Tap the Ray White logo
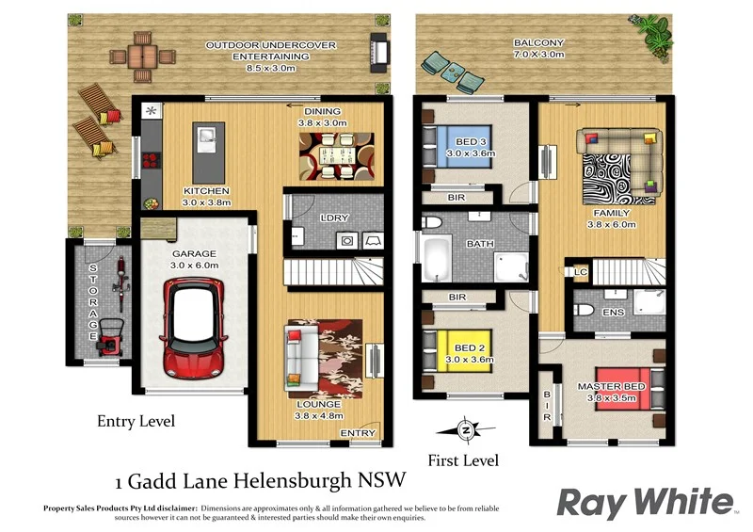point(645,503)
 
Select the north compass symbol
point(465,430)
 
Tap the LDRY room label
point(334,218)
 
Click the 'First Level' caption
point(463,460)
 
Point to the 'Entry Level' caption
point(136,421)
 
